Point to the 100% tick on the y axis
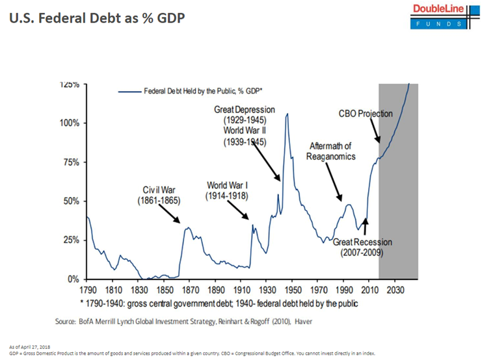(70, 123)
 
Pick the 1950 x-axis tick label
(292, 290)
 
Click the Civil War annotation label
(159, 196)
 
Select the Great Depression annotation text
(245, 115)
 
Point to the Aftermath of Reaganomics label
(330, 151)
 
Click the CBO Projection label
(365, 114)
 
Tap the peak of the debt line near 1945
(287, 114)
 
